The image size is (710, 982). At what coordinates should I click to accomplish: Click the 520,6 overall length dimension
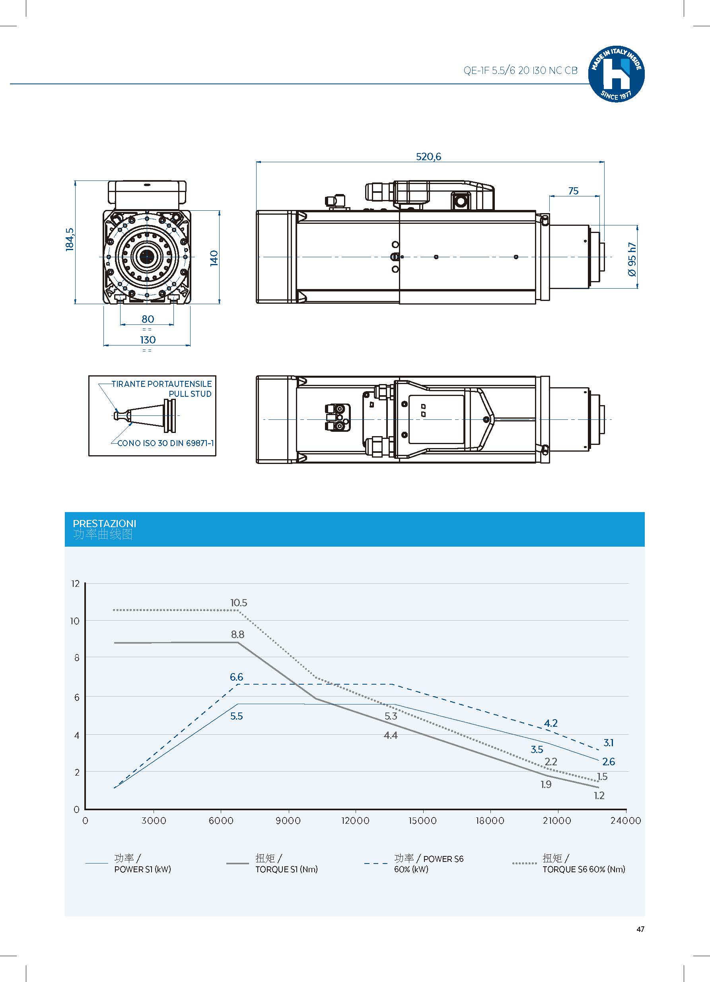428,156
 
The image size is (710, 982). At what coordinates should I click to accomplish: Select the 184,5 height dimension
70,239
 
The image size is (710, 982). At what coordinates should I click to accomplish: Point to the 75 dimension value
573,191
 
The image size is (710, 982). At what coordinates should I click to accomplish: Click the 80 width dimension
148,319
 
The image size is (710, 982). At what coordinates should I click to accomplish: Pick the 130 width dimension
148,340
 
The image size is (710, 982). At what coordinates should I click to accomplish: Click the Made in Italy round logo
616,74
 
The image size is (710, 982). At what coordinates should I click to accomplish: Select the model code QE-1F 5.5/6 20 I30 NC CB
520,71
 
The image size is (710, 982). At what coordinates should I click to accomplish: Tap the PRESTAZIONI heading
104,524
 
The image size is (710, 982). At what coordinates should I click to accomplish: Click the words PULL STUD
190,394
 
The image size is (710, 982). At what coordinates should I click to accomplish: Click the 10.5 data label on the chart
239,603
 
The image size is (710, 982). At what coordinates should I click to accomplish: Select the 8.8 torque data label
237,635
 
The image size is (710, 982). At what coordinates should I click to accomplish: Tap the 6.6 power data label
237,677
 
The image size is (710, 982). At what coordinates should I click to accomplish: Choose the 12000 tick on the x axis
355,821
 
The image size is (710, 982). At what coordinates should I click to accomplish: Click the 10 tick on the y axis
75,621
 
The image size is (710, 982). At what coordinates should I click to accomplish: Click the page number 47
640,929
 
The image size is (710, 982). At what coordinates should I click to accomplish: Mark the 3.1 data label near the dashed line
609,743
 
